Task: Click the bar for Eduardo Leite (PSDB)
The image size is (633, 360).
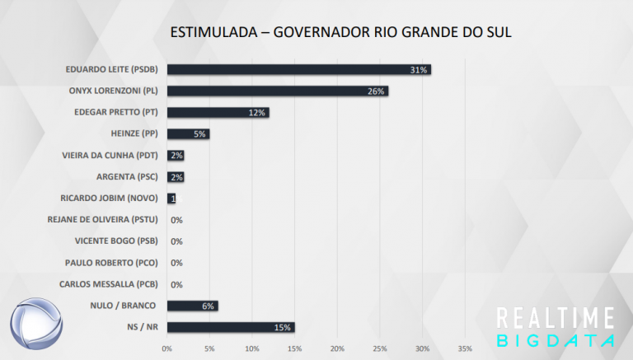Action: tap(298, 69)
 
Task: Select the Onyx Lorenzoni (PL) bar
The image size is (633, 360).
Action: tap(277, 91)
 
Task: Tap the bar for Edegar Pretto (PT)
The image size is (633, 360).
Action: tap(218, 112)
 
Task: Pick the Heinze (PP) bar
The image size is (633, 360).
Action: tap(188, 133)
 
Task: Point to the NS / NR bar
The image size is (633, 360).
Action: tap(230, 327)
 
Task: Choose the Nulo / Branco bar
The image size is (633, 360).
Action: tap(192, 306)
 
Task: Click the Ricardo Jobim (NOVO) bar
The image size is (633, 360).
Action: tap(171, 199)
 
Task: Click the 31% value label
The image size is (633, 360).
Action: tap(419, 70)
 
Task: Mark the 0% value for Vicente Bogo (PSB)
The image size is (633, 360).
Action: tap(176, 241)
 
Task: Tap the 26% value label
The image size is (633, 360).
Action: tap(377, 91)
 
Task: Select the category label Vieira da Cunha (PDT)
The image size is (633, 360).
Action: tap(110, 156)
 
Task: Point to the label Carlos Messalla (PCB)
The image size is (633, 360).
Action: tap(110, 284)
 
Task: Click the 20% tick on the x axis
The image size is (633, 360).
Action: tap(337, 348)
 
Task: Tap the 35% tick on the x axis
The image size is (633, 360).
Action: tap(465, 348)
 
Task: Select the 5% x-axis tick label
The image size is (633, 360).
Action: tap(209, 348)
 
